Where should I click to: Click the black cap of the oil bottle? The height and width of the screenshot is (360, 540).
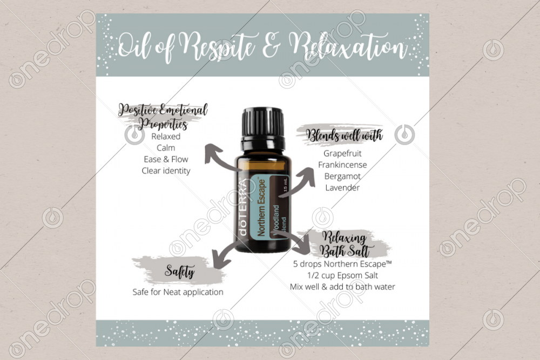[x=264, y=124]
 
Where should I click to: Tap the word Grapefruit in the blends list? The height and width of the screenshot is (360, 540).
[x=342, y=153]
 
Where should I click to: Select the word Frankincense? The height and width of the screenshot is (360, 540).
[x=342, y=165]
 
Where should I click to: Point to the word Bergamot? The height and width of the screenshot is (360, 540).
[x=342, y=176]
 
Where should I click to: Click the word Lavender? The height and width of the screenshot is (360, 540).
[x=342, y=188]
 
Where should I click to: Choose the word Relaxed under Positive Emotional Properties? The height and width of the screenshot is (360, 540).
[x=166, y=137]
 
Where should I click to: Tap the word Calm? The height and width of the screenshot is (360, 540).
[x=166, y=148]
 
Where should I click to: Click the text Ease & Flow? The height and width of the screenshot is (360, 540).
[x=166, y=159]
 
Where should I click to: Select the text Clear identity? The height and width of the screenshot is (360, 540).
[x=166, y=171]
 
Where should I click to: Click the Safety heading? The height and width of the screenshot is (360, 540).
[x=179, y=271]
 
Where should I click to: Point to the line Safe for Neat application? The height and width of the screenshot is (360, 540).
[x=178, y=292]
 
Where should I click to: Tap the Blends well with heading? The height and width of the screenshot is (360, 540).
[x=344, y=135]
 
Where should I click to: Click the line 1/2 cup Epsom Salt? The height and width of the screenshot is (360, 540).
[x=342, y=275]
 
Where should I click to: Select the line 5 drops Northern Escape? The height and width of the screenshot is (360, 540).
[x=342, y=264]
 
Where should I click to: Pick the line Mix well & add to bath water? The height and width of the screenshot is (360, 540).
[x=342, y=287]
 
